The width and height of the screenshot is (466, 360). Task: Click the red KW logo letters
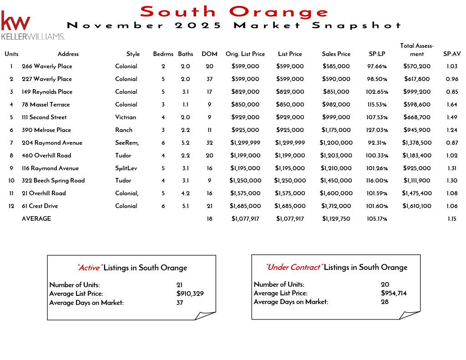coord(16,21)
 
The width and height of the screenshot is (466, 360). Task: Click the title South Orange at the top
coord(234,11)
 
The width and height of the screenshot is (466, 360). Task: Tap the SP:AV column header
coord(451,54)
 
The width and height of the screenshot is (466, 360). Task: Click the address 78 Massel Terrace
coord(46,104)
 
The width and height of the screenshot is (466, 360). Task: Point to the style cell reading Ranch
coord(123,130)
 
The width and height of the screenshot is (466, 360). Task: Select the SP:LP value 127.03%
coord(377,130)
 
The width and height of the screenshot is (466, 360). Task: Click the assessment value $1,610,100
coord(416,206)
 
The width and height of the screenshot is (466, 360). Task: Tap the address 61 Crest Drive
coord(40,206)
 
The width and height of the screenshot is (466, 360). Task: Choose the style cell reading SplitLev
coord(126,168)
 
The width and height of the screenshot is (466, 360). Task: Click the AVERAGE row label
coord(36,218)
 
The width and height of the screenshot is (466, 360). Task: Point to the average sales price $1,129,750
coord(336,218)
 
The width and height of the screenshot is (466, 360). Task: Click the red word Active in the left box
coord(90,268)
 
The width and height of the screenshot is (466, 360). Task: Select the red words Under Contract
coord(294,267)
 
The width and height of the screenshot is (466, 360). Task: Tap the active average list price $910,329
coord(190,294)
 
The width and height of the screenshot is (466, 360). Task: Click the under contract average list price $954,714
coord(394,293)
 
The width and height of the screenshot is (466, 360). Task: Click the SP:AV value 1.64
coord(451,104)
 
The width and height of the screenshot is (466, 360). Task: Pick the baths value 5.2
coord(185,142)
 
